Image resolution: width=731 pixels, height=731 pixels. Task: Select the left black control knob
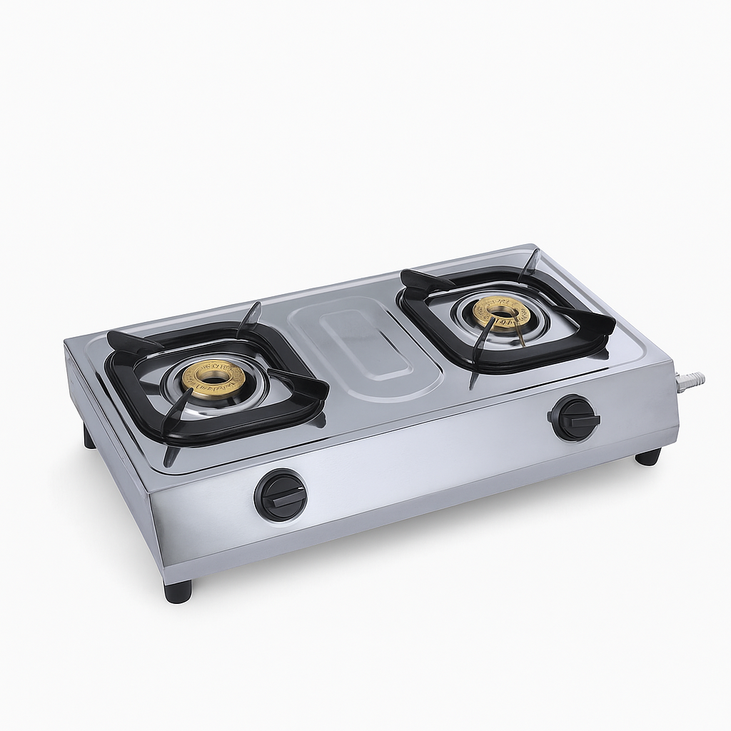click(281, 495)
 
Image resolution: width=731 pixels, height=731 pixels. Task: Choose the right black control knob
click(574, 418)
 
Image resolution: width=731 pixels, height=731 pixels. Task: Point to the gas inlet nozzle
click(691, 380)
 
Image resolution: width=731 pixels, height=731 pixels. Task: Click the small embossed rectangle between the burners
click(366, 346)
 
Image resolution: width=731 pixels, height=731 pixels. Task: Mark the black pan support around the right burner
click(421, 314)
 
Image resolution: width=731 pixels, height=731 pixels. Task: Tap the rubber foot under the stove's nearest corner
click(178, 590)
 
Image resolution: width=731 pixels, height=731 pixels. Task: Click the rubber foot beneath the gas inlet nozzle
click(648, 457)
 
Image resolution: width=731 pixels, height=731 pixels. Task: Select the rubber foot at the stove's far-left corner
click(89, 436)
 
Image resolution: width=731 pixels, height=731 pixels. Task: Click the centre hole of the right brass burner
click(504, 311)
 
